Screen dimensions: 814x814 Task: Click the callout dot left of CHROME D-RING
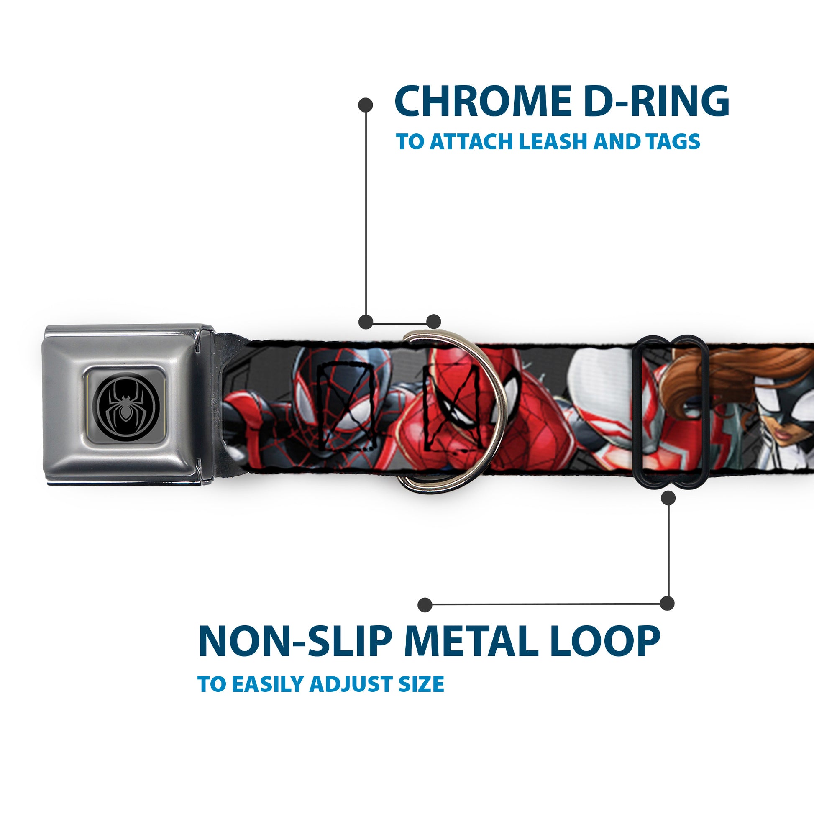point(365,105)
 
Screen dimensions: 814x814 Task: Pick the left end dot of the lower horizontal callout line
point(425,605)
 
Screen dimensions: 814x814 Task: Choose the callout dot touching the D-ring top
point(433,322)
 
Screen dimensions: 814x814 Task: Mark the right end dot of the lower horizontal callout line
point(667,603)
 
